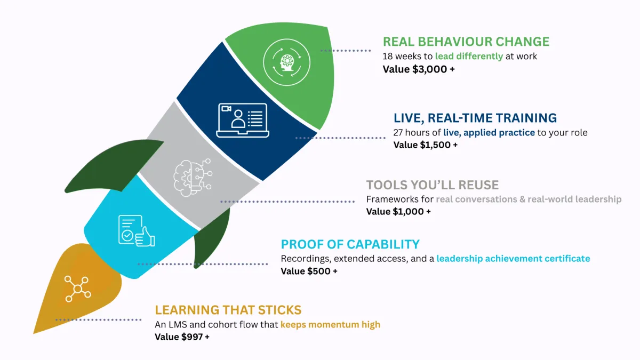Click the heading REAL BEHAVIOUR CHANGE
(x=466, y=42)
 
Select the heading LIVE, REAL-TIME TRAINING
(x=475, y=118)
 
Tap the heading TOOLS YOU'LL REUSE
(x=433, y=185)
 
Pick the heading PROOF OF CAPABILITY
(x=350, y=244)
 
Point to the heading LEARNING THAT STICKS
(x=228, y=310)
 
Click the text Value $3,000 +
(x=419, y=69)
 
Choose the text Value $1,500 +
(x=426, y=145)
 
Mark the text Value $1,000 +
(x=398, y=211)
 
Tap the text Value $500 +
(x=309, y=271)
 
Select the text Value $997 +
(x=182, y=337)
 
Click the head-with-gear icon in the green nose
(x=287, y=62)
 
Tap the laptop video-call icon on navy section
(x=243, y=121)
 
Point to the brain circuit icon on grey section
(x=193, y=178)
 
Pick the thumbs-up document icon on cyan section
(x=137, y=230)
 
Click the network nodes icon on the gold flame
(x=77, y=289)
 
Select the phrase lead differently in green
(x=469, y=57)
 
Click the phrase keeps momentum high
(x=330, y=325)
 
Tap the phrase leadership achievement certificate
(x=513, y=259)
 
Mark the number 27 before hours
(x=398, y=133)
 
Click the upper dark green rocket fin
(x=111, y=165)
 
